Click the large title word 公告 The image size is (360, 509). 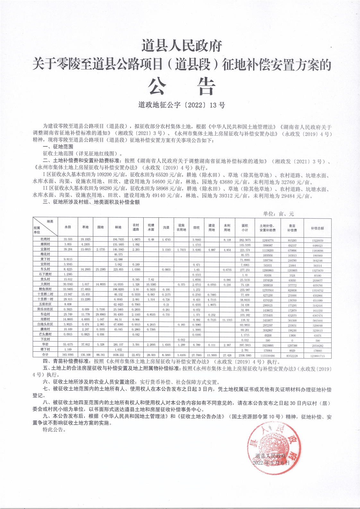click(181, 86)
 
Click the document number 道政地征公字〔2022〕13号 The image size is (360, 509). click(181, 105)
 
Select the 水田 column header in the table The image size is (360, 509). click(68, 227)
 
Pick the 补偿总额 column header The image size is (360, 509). click(317, 228)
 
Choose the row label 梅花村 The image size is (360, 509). click(45, 254)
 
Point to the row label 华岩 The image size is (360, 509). click(45, 344)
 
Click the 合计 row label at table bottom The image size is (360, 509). click(45, 355)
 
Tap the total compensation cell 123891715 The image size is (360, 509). click(317, 356)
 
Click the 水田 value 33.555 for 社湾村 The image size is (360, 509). click(68, 240)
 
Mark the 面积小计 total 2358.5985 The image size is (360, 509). click(245, 355)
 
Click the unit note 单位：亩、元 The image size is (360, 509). click(278, 214)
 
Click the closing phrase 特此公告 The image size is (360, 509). click(54, 429)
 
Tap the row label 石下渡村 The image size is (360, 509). click(45, 274)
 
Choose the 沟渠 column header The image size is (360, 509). click(166, 227)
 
